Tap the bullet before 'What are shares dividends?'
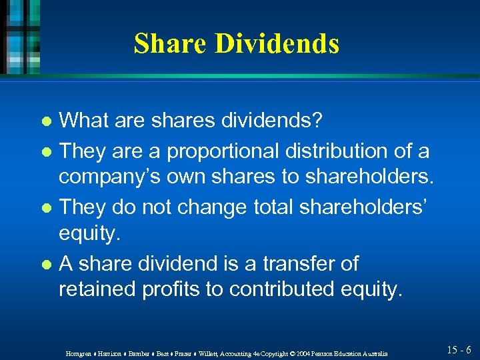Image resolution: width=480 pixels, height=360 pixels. click(46, 123)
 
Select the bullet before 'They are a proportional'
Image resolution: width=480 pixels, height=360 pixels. click(46, 153)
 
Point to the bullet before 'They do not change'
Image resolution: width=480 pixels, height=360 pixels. click(46, 209)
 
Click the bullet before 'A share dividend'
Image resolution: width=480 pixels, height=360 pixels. click(46, 265)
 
